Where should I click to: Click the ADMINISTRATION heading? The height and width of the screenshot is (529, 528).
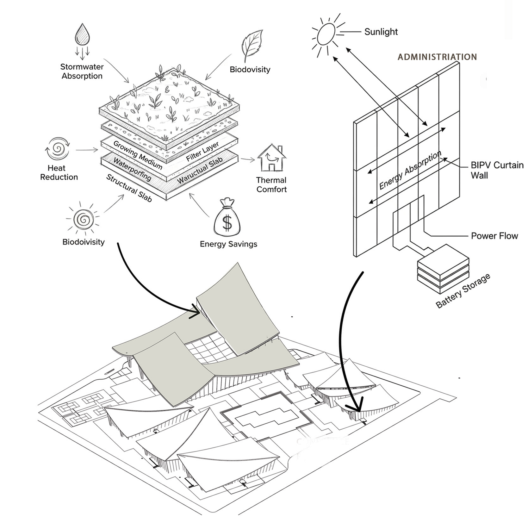click(x=437, y=57)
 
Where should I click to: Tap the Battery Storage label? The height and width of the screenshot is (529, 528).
click(x=463, y=291)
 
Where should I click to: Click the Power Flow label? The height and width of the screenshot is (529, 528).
click(x=494, y=236)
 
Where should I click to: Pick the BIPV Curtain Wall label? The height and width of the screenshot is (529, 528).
click(x=497, y=170)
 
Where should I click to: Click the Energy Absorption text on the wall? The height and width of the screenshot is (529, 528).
click(x=410, y=171)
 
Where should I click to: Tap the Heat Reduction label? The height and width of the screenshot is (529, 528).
click(x=59, y=173)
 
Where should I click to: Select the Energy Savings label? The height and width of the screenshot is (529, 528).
click(x=228, y=244)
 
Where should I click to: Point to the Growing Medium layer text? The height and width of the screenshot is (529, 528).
click(x=138, y=155)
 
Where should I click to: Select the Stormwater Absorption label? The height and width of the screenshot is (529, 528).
click(x=82, y=72)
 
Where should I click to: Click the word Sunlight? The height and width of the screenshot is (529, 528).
click(x=381, y=32)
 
